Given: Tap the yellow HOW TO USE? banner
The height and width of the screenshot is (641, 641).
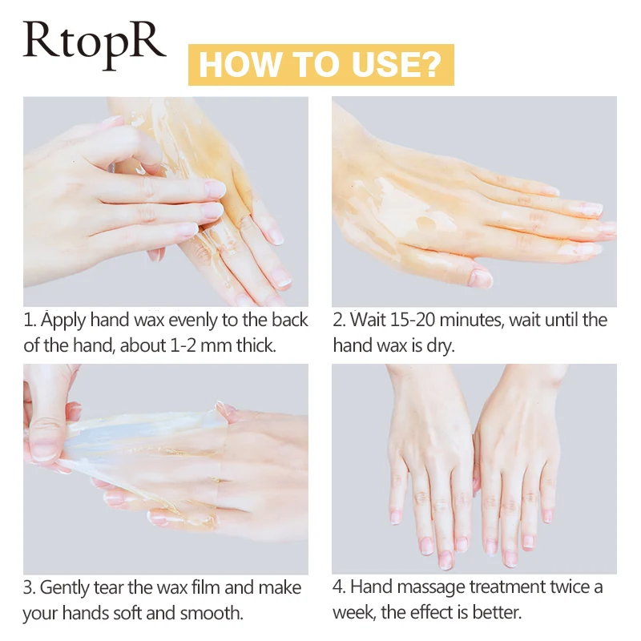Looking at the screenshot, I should click(x=320, y=64).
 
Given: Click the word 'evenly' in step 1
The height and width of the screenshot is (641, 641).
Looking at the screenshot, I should click(x=182, y=320).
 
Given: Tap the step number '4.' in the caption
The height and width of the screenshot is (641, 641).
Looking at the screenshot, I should click(x=340, y=588).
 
